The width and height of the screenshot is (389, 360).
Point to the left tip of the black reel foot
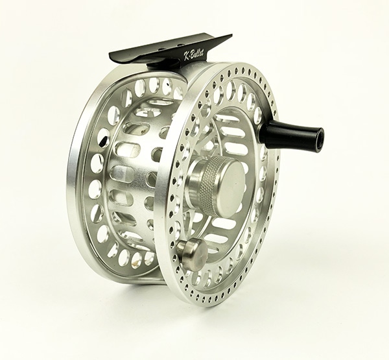coord(112,58)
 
